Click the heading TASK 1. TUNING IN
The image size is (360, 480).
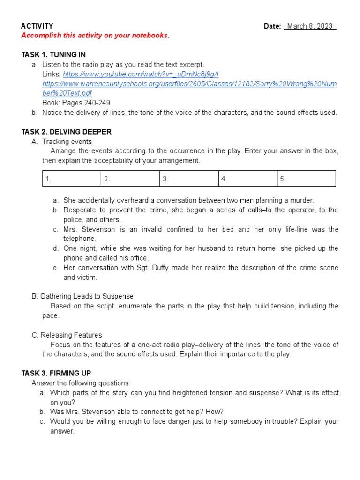[x=53, y=55]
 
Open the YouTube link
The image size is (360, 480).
[x=141, y=74]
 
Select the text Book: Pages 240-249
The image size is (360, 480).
[x=76, y=103]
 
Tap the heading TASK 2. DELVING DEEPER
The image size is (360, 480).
[x=66, y=132]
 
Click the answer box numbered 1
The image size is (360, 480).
[x=71, y=179]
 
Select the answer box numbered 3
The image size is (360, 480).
[x=188, y=179]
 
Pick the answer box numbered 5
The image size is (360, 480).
[x=306, y=179]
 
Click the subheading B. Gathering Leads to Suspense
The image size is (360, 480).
[x=82, y=296]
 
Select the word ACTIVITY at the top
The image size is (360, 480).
[x=37, y=26]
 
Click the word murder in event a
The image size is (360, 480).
[x=302, y=200]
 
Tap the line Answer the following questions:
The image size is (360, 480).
[x=81, y=383]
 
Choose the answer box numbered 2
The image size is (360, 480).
[x=130, y=179]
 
